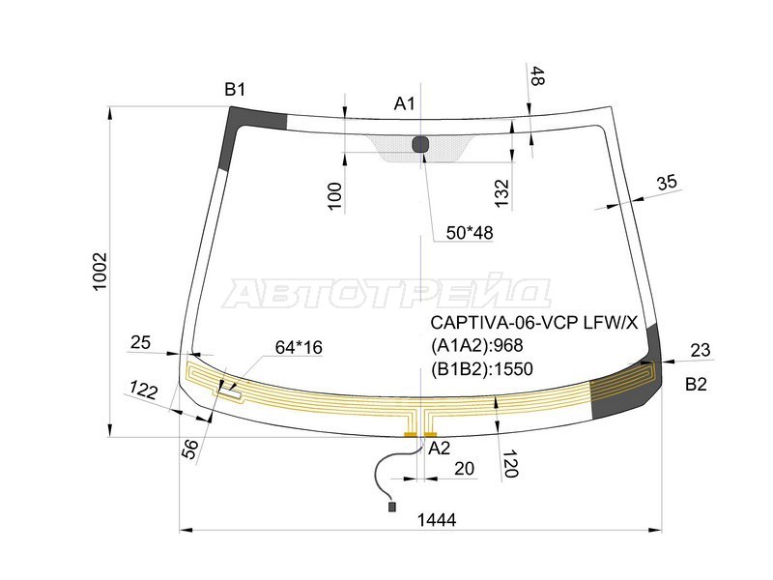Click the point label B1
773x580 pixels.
click(x=235, y=90)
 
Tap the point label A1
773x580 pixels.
click(x=404, y=103)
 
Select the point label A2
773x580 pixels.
click(x=440, y=448)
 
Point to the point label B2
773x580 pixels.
click(x=696, y=385)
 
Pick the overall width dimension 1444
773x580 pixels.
click(x=437, y=519)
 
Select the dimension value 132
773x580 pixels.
click(x=501, y=191)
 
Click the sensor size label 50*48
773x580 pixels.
click(x=470, y=233)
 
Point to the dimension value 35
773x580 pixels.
click(x=667, y=183)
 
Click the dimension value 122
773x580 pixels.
click(x=144, y=391)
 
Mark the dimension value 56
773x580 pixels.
click(x=190, y=448)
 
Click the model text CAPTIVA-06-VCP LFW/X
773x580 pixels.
click(x=533, y=323)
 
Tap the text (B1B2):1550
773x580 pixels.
click(x=482, y=367)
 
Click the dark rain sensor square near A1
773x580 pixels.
click(x=420, y=145)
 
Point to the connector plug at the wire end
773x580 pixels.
click(x=391, y=506)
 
